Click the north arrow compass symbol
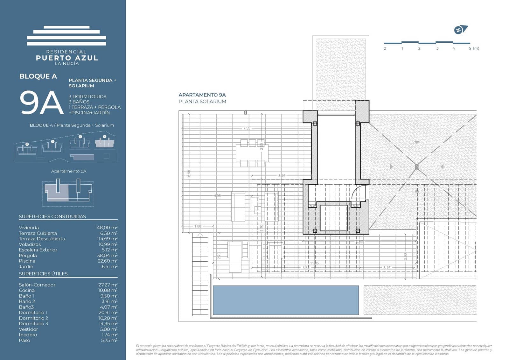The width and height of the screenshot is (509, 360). point(460,30)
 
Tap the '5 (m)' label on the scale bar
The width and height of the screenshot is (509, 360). point(474,48)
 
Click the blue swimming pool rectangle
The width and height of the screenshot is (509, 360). point(285,300)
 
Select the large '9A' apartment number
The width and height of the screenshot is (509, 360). point(41,102)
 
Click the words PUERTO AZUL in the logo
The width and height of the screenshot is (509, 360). point(67,58)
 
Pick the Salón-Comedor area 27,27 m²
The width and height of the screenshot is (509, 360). point(108,285)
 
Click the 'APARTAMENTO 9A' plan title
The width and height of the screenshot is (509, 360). point(202,95)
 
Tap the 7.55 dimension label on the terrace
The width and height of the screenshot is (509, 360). point(247,128)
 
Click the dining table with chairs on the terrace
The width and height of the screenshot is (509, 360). point(252,153)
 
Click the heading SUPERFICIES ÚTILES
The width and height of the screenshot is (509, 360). point(43,274)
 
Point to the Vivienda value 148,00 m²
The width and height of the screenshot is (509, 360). point(106,228)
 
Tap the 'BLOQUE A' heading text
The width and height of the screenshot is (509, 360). point(38,76)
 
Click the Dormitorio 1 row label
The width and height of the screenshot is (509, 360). point(33,313)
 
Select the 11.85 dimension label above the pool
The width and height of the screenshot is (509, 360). point(314,263)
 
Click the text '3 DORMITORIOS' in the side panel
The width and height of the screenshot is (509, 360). point(87,96)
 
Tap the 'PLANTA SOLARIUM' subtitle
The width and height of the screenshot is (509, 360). point(202,102)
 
